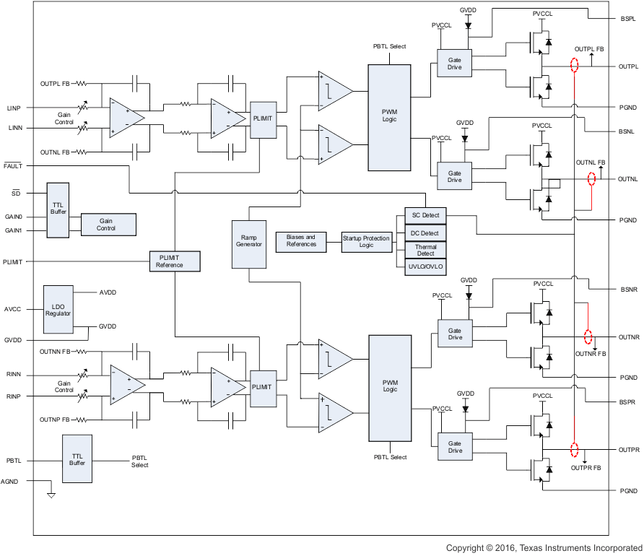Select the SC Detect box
[425, 216]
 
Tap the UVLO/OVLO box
[425, 267]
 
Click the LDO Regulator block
[58, 309]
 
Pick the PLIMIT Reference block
[174, 261]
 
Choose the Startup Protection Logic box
[367, 241]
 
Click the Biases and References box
[301, 241]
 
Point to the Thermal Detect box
[425, 250]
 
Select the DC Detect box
[425, 233]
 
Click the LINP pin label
[14, 108]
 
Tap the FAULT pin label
[13, 166]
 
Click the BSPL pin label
[627, 18]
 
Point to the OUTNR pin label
[629, 337]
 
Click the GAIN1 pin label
[14, 230]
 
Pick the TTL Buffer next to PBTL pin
[78, 459]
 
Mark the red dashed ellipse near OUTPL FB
[575, 66]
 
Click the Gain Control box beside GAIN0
[108, 225]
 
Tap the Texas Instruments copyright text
[544, 548]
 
